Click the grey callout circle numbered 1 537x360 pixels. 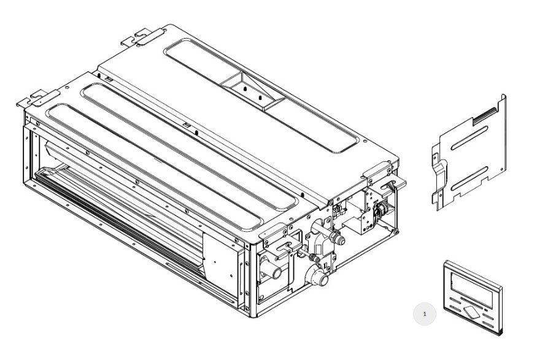click(425, 314)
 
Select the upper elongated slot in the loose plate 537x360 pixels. click(469, 138)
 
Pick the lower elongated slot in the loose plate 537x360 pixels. click(469, 178)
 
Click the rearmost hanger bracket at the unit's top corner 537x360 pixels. click(143, 37)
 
